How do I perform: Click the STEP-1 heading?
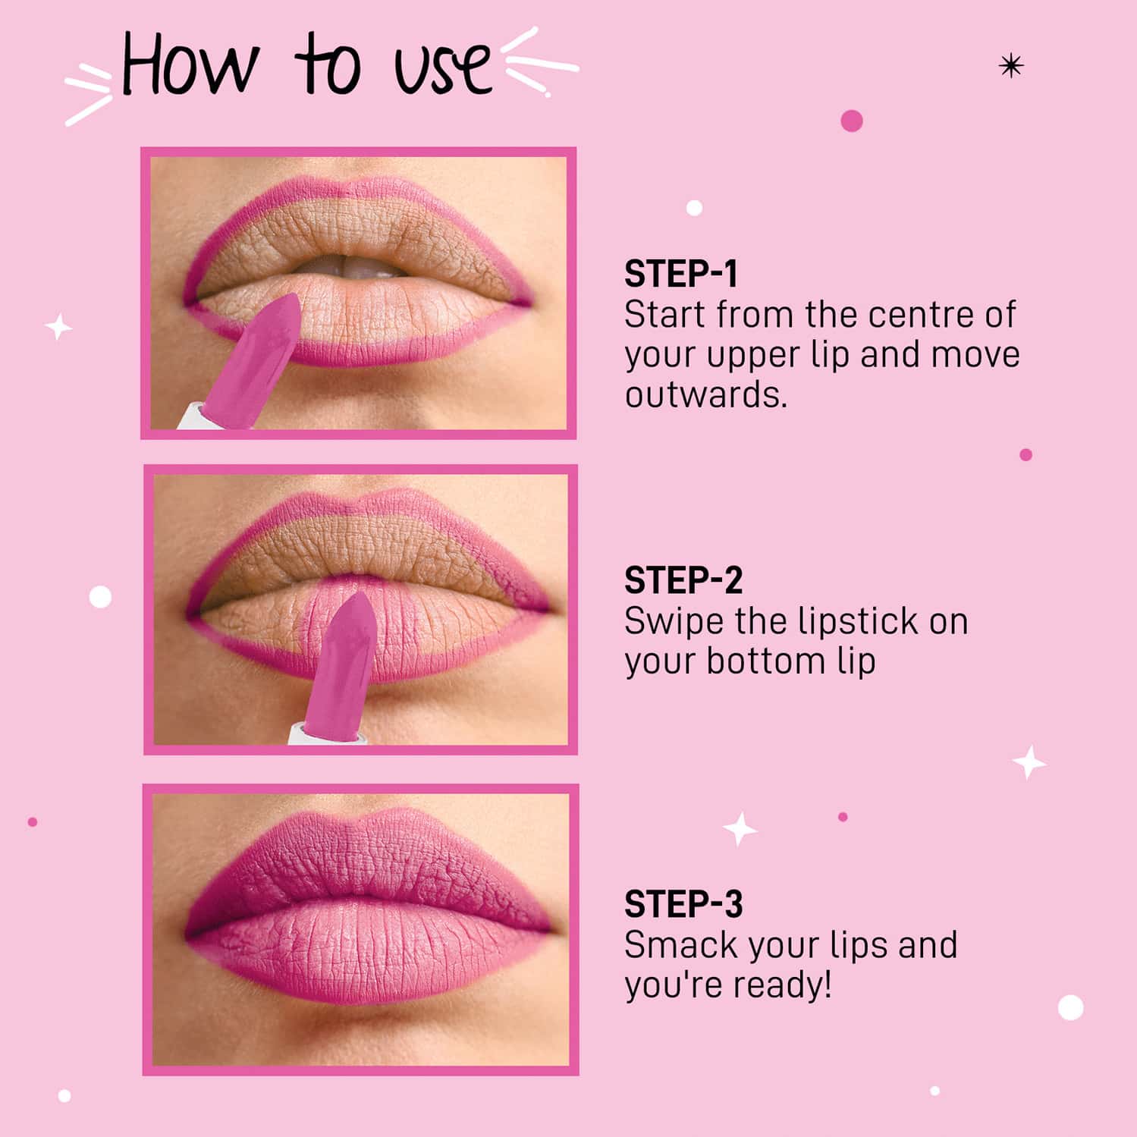680,274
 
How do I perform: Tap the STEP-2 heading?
683,581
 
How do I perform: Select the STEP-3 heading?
683,904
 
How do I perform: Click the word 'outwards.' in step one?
705,395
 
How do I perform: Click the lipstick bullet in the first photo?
262,356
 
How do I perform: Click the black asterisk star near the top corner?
1010,67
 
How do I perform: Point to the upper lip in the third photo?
364,857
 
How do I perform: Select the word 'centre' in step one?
922,315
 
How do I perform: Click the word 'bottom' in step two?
765,661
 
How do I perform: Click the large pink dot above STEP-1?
851,121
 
